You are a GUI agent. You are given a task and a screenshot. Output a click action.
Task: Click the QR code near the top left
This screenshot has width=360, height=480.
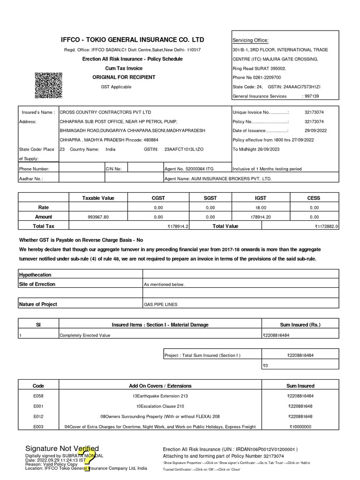(x=49, y=86)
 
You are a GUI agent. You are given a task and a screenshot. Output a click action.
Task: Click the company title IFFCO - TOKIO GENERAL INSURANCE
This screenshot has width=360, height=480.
(x=133, y=39)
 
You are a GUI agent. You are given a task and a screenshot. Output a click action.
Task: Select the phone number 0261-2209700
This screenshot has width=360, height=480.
(x=265, y=77)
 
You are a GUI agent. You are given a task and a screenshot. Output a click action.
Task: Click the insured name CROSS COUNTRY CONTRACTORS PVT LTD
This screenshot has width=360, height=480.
(x=105, y=112)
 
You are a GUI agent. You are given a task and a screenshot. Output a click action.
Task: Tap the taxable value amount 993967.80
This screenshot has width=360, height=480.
(x=98, y=217)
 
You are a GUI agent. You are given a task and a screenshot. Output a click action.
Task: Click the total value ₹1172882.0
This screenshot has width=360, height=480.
(x=326, y=226)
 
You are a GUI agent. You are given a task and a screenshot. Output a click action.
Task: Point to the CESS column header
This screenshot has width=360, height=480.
(x=313, y=198)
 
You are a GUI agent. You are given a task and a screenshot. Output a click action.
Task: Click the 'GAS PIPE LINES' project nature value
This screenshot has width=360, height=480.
(x=161, y=305)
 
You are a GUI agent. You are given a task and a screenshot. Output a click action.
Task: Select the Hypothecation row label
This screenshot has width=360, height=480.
(x=35, y=275)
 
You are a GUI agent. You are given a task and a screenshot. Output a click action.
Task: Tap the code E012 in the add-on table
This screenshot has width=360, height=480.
(x=38, y=416)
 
